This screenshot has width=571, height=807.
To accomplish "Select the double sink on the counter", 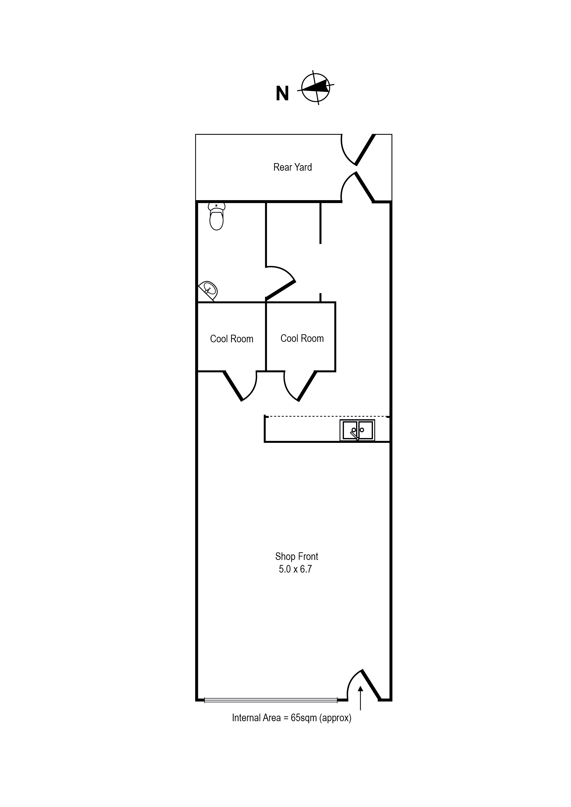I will coord(357,430).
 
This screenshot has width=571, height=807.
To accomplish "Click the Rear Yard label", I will coord(293,167).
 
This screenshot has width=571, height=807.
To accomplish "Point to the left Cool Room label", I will coord(232,339).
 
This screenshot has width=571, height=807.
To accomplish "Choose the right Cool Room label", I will coord(302,338).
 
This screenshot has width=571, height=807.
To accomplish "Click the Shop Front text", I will coord(296,556).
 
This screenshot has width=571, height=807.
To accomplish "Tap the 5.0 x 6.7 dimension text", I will coord(295,569).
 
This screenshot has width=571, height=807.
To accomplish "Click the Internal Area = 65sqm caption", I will coord(291,718).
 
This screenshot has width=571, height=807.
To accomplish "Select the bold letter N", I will coord(282,94).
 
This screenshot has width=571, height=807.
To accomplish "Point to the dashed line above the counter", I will coord(327,417).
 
